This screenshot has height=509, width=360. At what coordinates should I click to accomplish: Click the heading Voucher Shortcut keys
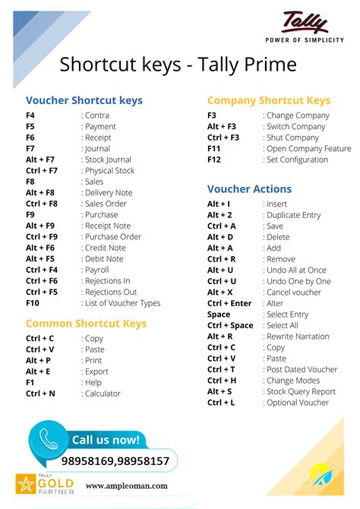click(84, 100)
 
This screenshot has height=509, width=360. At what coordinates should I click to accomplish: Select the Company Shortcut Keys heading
click(268, 100)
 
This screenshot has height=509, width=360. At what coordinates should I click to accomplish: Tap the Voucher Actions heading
click(249, 188)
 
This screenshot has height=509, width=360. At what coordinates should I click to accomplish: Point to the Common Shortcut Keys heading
click(86, 323)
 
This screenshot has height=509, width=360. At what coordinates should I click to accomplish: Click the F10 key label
click(33, 303)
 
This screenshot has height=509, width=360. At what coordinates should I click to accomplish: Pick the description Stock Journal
click(109, 160)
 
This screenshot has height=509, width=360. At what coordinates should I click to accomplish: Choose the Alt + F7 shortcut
click(40, 160)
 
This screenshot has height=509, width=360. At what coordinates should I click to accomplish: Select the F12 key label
click(214, 160)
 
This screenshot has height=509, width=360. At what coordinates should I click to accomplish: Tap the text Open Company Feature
click(309, 149)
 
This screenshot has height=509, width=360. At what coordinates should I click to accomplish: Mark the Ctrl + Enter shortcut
click(229, 303)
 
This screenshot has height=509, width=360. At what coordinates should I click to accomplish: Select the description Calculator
click(104, 394)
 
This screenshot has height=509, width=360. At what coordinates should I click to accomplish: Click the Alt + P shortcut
click(38, 361)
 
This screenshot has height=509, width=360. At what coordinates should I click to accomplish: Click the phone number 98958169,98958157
click(115, 461)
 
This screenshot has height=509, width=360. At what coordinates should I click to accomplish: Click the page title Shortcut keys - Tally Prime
click(178, 65)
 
